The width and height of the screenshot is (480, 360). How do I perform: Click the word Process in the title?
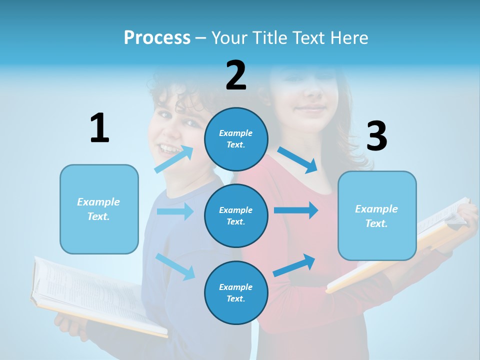click(x=157, y=37)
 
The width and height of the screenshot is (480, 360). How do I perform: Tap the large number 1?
click(x=99, y=128)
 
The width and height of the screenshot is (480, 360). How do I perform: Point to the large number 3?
click(x=376, y=136)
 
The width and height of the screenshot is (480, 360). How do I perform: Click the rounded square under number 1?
click(x=99, y=209)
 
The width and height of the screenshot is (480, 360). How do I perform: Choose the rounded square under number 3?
click(x=377, y=215)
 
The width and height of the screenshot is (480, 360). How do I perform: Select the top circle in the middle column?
click(x=236, y=138)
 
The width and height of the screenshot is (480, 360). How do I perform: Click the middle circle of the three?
click(x=236, y=215)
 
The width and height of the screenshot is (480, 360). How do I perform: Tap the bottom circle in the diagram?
click(x=236, y=292)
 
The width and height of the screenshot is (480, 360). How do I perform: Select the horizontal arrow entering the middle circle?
click(x=175, y=211)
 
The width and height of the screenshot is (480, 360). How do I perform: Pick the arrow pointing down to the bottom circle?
click(x=175, y=266)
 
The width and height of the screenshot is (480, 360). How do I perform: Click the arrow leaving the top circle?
click(x=298, y=159)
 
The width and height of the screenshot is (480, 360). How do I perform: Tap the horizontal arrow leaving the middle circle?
click(x=296, y=210)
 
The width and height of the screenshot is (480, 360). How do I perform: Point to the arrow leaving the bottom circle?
click(x=294, y=265)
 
